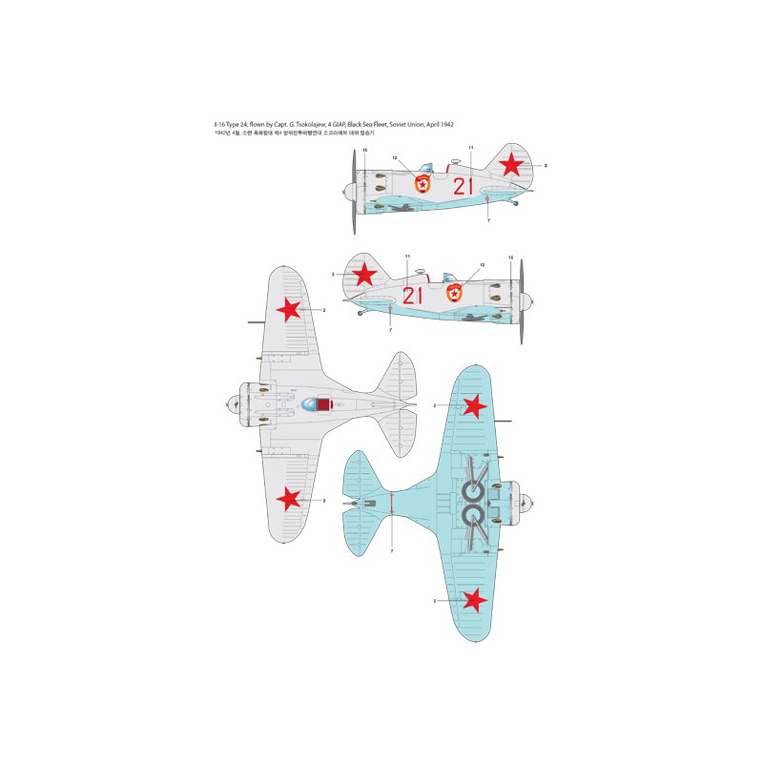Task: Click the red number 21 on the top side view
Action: click(463, 186)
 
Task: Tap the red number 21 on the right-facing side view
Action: click(413, 296)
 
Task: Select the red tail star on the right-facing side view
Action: click(363, 276)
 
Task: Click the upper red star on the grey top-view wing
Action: click(292, 310)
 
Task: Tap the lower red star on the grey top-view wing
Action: click(292, 498)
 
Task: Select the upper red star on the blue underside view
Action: click(474, 408)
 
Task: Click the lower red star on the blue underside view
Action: click(474, 599)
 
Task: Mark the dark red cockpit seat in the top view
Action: click(325, 406)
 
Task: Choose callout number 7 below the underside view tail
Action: click(392, 551)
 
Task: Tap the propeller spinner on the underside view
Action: click(527, 503)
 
